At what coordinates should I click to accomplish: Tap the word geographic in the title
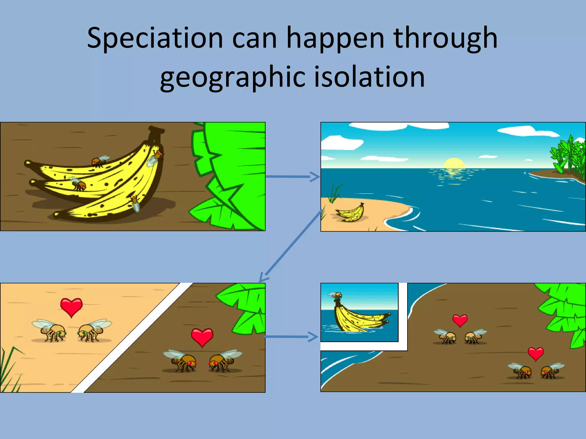click(232, 77)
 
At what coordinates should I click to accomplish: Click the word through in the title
click(445, 39)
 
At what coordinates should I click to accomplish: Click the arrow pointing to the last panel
click(291, 337)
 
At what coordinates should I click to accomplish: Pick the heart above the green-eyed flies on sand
click(71, 306)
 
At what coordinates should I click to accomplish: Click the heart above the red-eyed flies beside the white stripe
click(202, 337)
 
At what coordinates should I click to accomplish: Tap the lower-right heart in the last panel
click(536, 354)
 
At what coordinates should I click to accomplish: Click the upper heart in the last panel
click(460, 320)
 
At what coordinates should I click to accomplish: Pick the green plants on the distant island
click(568, 156)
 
